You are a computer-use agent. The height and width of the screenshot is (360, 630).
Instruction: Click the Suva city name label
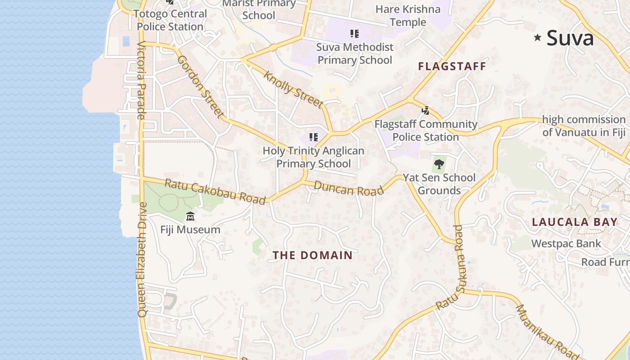(x=570, y=38)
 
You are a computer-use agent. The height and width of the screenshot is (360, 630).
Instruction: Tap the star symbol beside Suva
(x=537, y=38)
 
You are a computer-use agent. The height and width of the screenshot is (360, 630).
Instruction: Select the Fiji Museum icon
(x=190, y=216)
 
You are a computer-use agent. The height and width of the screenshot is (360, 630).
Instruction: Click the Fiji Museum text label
(x=190, y=229)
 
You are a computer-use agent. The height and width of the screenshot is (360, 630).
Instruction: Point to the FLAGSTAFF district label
(x=452, y=67)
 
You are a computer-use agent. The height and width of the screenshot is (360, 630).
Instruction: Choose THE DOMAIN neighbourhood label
(x=313, y=256)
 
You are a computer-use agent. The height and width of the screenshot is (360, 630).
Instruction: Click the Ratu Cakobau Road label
(x=215, y=191)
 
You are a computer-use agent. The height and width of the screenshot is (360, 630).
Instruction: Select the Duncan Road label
(x=349, y=188)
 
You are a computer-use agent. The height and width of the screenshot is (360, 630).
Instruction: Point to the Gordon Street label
(x=200, y=86)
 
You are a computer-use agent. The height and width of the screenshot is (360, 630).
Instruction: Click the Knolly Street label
(x=293, y=90)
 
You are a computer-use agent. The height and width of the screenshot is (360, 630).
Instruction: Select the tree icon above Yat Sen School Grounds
(x=439, y=164)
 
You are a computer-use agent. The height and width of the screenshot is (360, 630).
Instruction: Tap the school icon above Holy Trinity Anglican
(x=314, y=137)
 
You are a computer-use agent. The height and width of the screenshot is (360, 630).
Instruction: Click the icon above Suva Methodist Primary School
(x=354, y=34)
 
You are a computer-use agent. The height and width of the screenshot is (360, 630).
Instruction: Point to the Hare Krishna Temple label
(x=408, y=15)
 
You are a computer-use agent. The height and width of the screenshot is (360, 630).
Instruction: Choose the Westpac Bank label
(x=566, y=244)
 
